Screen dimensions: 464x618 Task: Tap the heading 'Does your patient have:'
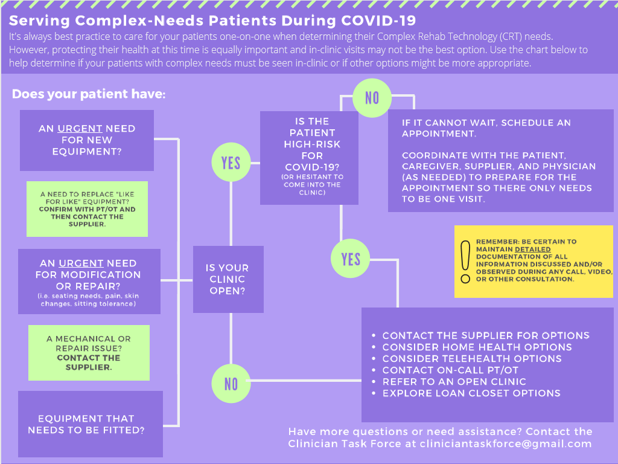pos(88,95)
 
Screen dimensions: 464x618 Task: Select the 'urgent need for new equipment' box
pos(87,140)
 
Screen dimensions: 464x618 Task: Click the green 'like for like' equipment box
pos(87,209)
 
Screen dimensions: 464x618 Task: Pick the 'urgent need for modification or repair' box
pos(89,280)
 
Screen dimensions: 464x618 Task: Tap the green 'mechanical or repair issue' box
pos(89,353)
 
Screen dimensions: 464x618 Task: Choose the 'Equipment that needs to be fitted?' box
pos(91,424)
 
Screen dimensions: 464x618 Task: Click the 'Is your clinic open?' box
pos(228,279)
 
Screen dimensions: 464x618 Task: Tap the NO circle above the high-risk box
pos(372,97)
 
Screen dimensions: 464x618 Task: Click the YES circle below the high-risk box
pos(351,259)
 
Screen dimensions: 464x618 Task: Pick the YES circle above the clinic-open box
pos(231,163)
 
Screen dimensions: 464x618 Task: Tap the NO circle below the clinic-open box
pos(231,384)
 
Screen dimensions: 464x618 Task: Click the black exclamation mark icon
pos(465,262)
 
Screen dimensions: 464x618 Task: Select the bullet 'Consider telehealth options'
pos(472,359)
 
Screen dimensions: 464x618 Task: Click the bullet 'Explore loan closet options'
pos(471,393)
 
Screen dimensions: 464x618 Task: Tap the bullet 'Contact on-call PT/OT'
pos(450,370)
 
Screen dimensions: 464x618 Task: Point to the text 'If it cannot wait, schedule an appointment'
pos(486,128)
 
